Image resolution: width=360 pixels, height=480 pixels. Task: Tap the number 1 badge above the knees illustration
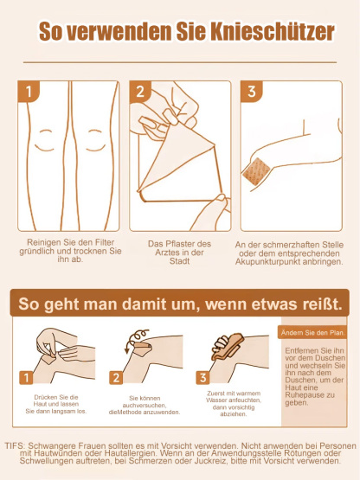30,92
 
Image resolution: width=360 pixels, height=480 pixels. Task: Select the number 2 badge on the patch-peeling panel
141,92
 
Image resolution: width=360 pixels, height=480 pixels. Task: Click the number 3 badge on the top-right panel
251,92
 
